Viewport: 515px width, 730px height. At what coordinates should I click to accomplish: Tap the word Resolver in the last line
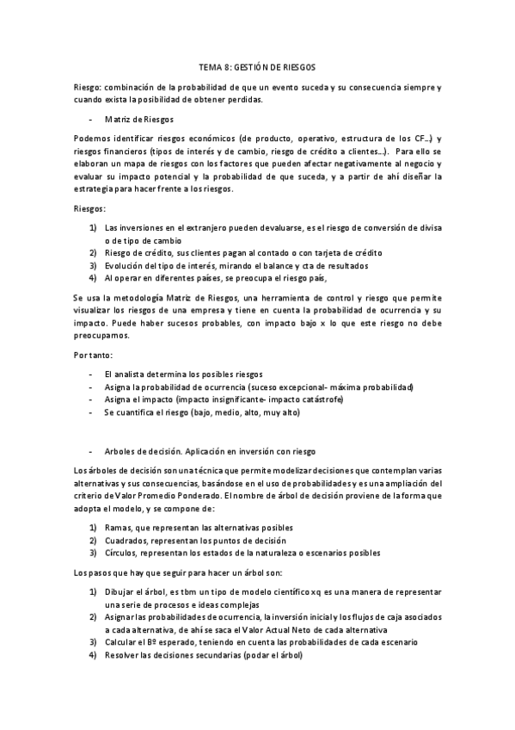point(125,655)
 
